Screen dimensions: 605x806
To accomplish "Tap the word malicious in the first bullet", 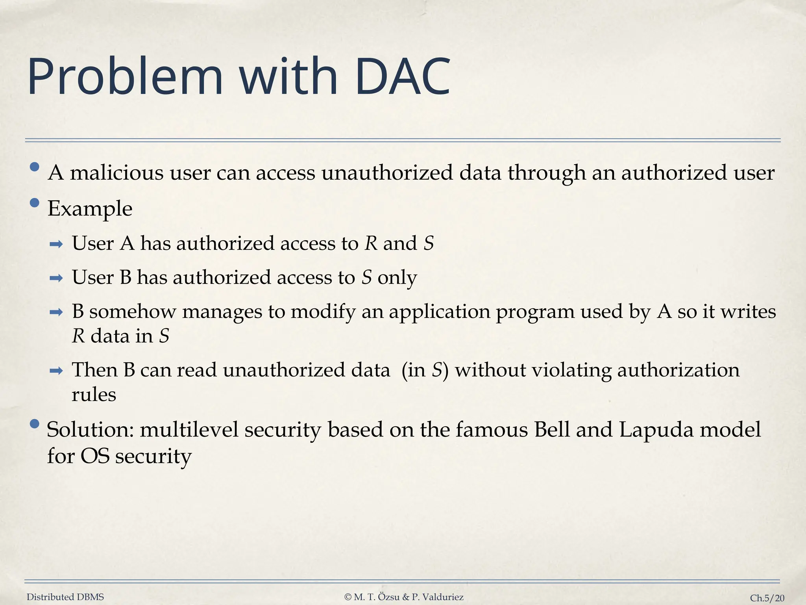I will point(116,173).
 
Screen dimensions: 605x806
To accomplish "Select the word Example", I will point(90,209).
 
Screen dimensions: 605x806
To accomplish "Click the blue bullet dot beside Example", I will point(35,203).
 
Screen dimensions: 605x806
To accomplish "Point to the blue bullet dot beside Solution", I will point(35,424).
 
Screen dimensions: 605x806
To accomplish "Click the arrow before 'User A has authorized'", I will point(56,245).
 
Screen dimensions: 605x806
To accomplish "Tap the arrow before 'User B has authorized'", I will point(56,278).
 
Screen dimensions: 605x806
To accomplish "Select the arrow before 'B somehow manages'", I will point(56,313).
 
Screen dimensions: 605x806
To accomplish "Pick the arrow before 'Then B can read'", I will point(56,371).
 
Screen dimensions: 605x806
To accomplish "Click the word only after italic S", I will point(397,278).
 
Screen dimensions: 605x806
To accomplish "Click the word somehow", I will point(132,312).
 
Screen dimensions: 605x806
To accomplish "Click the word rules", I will point(94,395).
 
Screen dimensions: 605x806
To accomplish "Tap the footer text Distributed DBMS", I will point(65,597).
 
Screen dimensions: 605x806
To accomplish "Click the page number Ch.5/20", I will point(767,598).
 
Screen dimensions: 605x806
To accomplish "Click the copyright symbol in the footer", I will point(348,597).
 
